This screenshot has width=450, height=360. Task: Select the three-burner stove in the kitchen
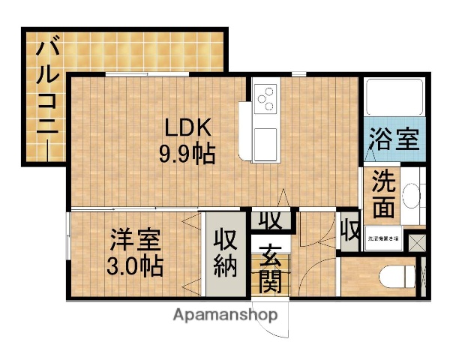[x=266, y=98]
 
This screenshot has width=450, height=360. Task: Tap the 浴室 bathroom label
[x=392, y=139]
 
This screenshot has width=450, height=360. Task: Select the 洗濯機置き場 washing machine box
[x=383, y=239]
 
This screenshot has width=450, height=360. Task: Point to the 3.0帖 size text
[x=134, y=265]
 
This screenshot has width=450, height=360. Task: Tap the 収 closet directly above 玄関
[x=270, y=220]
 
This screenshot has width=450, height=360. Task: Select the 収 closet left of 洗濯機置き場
[x=349, y=229]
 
